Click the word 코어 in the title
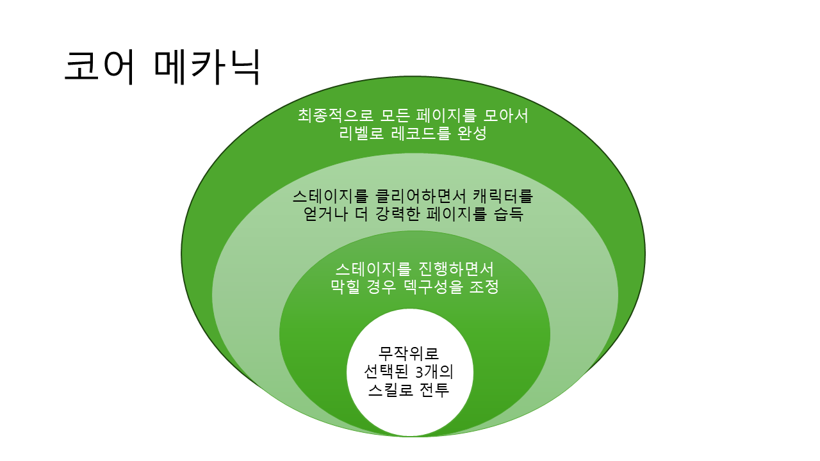point(99,68)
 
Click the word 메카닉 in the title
point(207,68)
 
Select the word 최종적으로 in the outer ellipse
point(335,116)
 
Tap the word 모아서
point(505,116)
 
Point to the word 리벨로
point(361,133)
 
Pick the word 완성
point(472,133)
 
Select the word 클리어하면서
point(421,197)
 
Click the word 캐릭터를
point(503,197)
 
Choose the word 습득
point(509,214)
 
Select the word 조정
point(484,286)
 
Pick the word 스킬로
point(390,390)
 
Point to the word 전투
point(434,390)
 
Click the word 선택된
point(386,372)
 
